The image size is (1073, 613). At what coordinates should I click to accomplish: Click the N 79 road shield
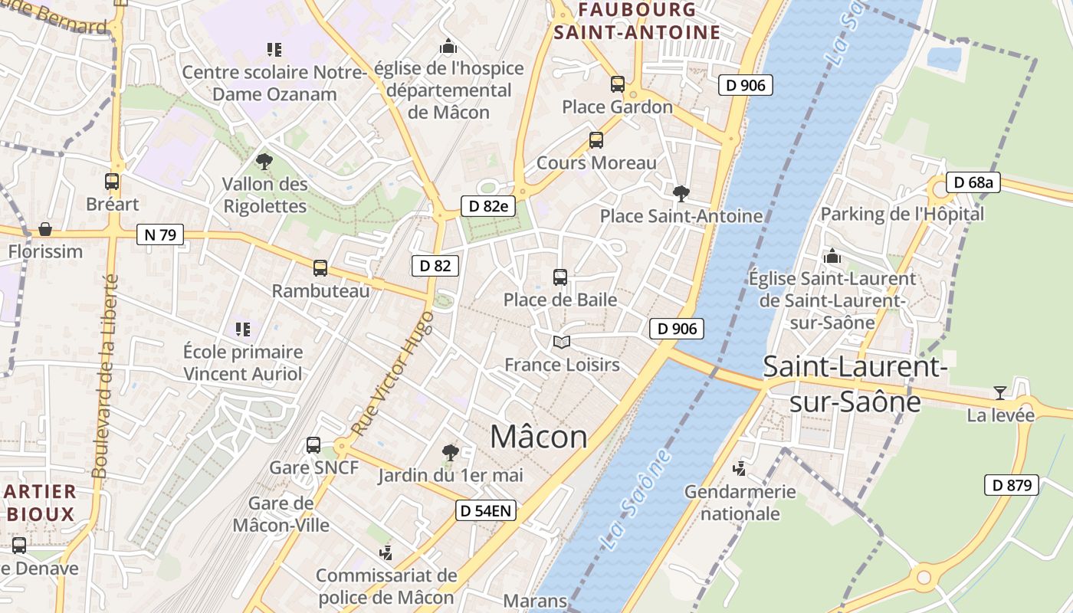(160, 234)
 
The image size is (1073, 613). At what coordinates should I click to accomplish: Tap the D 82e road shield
(488, 205)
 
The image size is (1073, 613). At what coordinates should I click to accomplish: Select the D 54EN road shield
(486, 510)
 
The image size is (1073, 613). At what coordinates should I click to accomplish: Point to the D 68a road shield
(973, 182)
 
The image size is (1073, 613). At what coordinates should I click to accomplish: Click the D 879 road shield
(1012, 484)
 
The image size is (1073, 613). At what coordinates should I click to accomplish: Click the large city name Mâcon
(539, 437)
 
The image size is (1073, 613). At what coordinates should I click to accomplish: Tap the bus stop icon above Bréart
(112, 182)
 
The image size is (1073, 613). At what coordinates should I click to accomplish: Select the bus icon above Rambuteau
(320, 268)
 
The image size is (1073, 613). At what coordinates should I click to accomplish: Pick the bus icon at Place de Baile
(560, 277)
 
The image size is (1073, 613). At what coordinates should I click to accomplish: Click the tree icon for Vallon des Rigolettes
(264, 161)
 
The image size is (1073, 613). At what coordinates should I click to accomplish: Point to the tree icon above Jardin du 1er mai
(451, 453)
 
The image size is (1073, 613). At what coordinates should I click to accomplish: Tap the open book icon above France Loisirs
(562, 342)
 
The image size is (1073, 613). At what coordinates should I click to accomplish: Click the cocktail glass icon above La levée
(1000, 393)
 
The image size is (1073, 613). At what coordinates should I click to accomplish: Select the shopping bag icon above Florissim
(45, 229)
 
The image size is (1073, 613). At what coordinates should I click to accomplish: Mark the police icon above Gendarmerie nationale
(740, 468)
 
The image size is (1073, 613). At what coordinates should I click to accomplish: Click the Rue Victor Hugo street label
(392, 373)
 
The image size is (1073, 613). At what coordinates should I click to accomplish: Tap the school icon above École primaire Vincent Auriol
(243, 329)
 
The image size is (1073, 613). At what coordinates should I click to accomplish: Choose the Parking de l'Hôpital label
(902, 214)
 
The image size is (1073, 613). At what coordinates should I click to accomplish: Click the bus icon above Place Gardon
(618, 84)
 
